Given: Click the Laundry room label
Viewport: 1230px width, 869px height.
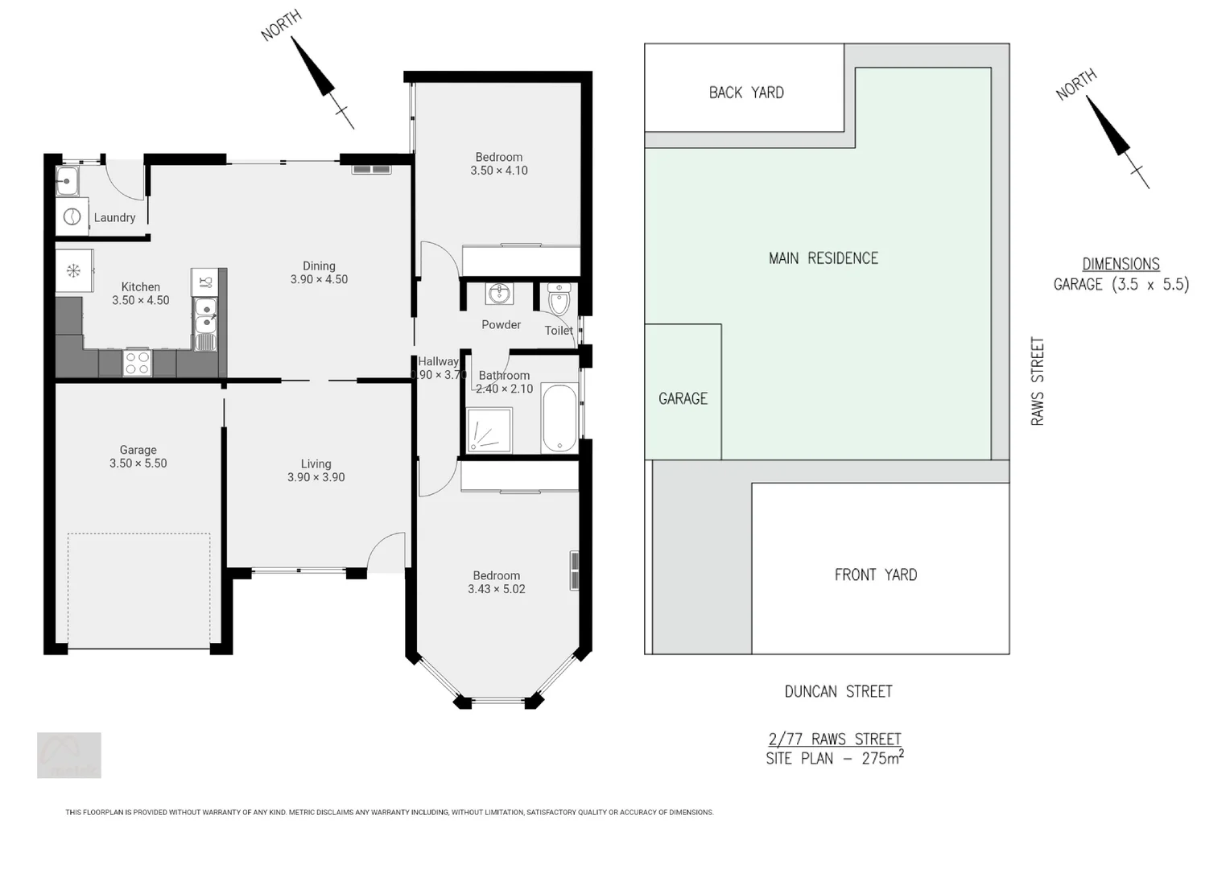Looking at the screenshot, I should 114,217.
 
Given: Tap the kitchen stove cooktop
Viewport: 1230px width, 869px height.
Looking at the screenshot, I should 137,363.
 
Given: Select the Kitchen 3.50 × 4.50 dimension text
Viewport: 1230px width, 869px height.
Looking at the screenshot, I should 141,300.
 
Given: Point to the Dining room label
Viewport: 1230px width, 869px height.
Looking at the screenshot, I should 319,266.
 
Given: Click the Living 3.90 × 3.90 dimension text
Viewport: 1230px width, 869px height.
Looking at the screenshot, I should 316,477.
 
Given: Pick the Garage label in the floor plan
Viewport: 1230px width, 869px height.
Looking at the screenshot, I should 138,450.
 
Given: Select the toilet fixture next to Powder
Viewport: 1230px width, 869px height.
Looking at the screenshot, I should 559,299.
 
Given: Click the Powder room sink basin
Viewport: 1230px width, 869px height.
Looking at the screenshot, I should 499,293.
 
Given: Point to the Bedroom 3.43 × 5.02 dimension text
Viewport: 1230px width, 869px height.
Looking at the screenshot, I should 496,589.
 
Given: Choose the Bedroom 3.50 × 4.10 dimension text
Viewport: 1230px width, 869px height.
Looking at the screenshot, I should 499,171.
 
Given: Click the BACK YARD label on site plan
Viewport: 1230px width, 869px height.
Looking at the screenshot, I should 746,93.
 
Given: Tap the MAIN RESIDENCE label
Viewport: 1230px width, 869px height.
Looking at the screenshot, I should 823,258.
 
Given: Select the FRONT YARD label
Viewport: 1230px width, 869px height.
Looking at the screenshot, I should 875,575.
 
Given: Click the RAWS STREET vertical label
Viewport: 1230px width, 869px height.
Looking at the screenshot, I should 1038,381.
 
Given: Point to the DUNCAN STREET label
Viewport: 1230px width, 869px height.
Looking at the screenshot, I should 838,691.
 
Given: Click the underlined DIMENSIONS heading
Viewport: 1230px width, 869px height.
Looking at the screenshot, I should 1121,264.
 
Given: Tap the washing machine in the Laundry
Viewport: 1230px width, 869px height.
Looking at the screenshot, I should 72,216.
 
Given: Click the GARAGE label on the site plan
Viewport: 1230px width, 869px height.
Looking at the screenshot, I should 683,398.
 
